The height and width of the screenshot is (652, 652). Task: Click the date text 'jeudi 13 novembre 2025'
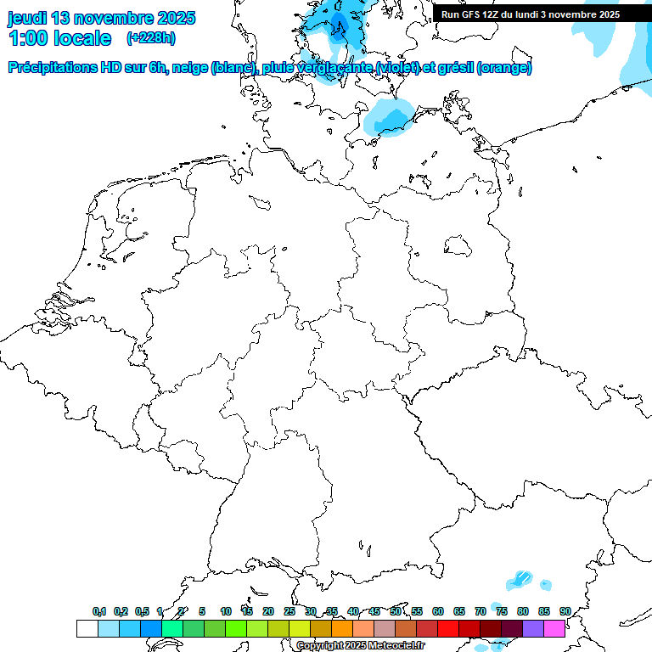[x=101, y=18]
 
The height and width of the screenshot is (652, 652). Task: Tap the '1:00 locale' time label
[x=59, y=38]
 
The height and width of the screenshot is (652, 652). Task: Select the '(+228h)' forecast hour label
[x=150, y=38]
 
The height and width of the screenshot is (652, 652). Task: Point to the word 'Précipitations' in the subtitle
[x=51, y=68]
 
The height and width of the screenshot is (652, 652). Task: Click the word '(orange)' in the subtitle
[x=504, y=68]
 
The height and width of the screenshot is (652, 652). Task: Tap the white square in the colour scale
[x=87, y=628]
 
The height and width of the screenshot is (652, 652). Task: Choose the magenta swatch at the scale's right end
[x=554, y=628]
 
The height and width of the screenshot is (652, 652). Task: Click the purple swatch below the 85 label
[x=533, y=628]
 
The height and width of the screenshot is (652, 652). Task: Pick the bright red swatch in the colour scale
[x=448, y=628]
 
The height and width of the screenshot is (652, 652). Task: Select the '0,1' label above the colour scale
[x=99, y=611]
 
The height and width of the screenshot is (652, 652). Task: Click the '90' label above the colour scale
[x=565, y=611]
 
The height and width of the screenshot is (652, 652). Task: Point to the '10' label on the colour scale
[x=225, y=611]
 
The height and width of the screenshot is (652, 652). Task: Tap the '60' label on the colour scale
[x=438, y=611]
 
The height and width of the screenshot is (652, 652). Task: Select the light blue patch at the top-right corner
[x=632, y=51]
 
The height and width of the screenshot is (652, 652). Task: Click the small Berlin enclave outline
[x=459, y=245]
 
